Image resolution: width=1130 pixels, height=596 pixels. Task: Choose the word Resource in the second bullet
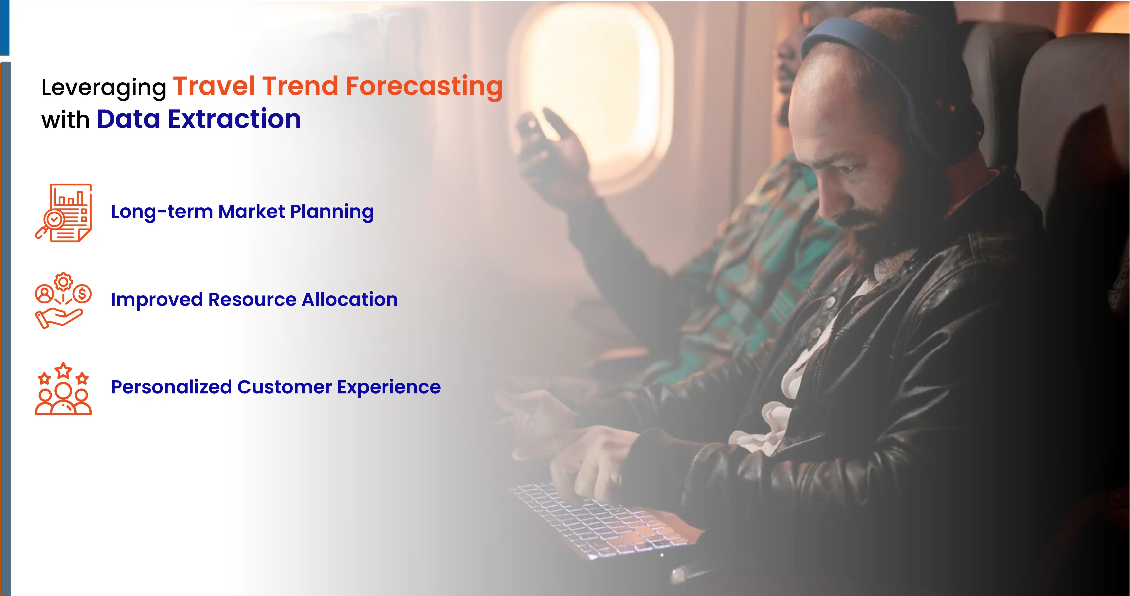pyautogui.click(x=252, y=299)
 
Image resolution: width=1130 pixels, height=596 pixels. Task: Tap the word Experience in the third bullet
pyautogui.click(x=389, y=387)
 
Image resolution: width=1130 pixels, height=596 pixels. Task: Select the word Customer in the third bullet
pyautogui.click(x=284, y=387)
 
